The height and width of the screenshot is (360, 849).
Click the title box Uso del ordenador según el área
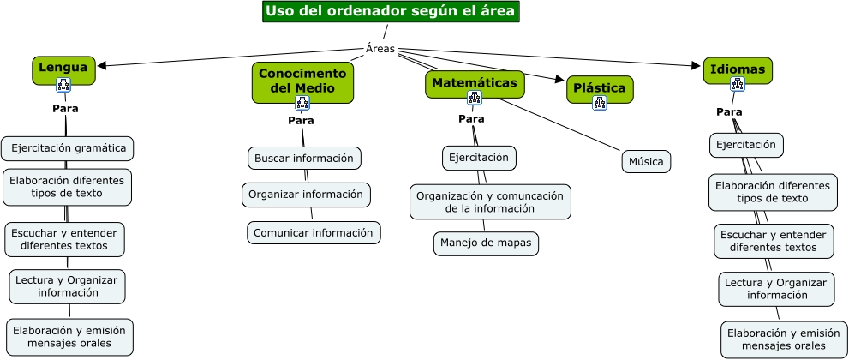click(390, 11)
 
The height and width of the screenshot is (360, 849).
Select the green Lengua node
click(63, 68)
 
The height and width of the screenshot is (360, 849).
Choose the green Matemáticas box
click(474, 83)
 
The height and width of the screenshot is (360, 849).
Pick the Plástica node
click(600, 87)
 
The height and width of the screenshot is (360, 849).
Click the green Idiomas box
click(738, 69)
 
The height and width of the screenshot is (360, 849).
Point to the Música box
click(645, 161)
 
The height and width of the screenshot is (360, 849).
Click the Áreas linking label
click(380, 49)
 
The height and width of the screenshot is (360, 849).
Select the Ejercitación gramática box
click(68, 148)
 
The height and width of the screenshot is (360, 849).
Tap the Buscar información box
click(304, 158)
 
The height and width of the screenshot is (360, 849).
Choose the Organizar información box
click(306, 195)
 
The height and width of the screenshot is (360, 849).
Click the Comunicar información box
click(314, 232)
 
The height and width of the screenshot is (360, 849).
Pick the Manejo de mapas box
click(486, 243)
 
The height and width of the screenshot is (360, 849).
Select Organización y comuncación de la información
click(489, 201)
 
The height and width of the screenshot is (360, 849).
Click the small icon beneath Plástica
click(600, 102)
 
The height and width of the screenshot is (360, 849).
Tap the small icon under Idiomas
click(737, 83)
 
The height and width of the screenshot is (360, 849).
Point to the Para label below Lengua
click(65, 109)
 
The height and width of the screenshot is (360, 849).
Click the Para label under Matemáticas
click(471, 118)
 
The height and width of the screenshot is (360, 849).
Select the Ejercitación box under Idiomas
click(745, 145)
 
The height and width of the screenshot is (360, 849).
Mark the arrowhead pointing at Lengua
click(103, 66)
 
